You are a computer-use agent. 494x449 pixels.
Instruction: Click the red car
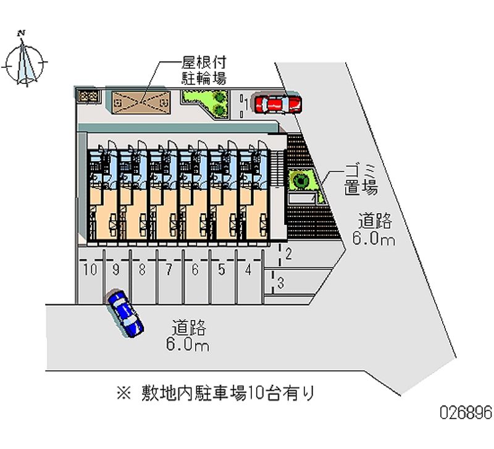[x=278, y=104]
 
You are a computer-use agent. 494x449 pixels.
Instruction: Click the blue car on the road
[x=125, y=312]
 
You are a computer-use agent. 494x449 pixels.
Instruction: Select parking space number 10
[x=90, y=269]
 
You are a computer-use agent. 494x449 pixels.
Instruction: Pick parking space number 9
[x=115, y=269]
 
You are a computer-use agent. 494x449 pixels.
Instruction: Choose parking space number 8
[x=142, y=269]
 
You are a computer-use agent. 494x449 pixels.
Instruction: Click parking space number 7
[x=169, y=269]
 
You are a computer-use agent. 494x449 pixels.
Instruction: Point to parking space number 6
[x=195, y=269]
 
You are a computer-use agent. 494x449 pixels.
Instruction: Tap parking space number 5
[x=222, y=269]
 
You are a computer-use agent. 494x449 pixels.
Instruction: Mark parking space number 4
[x=248, y=269]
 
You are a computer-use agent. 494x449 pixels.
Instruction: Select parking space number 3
[x=280, y=283]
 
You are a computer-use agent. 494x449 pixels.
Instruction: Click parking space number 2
[x=288, y=253]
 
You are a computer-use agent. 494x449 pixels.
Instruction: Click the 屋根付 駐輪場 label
[x=203, y=70]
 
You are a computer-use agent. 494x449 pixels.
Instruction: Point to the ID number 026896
[x=464, y=413]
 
